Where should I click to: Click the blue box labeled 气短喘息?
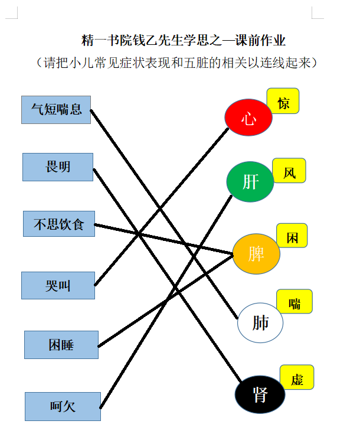[56, 110]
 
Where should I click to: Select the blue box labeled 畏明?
[58, 167]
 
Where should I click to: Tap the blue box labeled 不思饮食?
[59, 224]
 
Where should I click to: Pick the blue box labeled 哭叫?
[58, 285]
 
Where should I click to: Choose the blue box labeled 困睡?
[61, 345]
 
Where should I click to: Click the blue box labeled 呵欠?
[63, 406]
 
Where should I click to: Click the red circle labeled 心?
[248, 117]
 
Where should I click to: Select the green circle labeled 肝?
[250, 182]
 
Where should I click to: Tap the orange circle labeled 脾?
[256, 254]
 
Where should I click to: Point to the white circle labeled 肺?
[260, 322]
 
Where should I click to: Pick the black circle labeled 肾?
[260, 394]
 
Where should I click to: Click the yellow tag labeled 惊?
[283, 101]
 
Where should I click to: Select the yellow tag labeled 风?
[289, 171]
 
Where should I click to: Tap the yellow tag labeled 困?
[292, 236]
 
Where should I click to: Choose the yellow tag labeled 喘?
[294, 301]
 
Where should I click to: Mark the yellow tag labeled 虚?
[297, 377]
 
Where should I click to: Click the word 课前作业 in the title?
[260, 40]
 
